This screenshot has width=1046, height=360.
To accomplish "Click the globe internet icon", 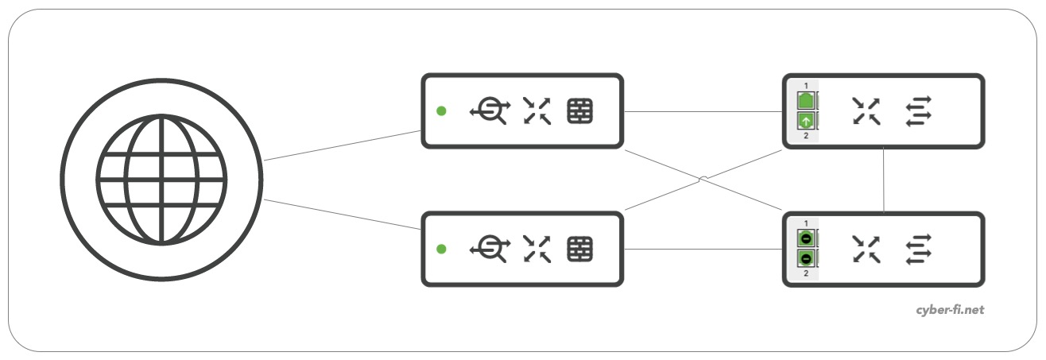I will [161, 180].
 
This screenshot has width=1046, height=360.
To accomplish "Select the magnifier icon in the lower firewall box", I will [489, 250].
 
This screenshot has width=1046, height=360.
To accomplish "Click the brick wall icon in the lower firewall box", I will [579, 250].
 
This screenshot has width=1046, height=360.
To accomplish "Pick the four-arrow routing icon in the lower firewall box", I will [537, 250].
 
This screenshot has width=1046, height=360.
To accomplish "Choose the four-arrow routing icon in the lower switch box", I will [866, 250].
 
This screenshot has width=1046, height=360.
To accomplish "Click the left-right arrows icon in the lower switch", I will [918, 250].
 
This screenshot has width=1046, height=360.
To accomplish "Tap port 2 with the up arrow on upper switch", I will [805, 122].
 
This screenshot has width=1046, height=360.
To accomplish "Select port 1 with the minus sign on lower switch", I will [805, 238].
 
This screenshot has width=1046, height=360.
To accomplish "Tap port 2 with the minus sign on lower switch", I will [805, 258].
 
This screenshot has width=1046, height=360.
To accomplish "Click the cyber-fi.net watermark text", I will [950, 310].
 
